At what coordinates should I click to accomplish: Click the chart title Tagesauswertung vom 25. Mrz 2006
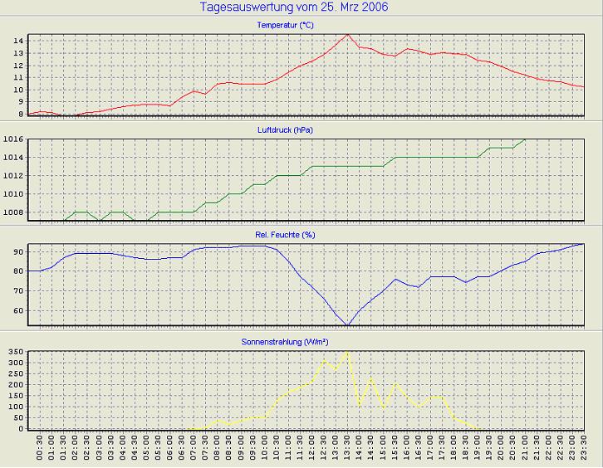pyautogui.click(x=294, y=7)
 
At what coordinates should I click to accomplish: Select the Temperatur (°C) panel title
pyautogui.click(x=286, y=26)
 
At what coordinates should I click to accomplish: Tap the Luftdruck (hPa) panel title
pyautogui.click(x=286, y=130)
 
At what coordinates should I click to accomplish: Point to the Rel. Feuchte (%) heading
pyautogui.click(x=286, y=235)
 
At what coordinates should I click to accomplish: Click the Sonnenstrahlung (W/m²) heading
pyautogui.click(x=286, y=341)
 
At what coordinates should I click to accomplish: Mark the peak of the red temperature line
pyautogui.click(x=347, y=35)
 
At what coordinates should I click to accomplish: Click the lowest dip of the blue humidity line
pyautogui.click(x=347, y=325)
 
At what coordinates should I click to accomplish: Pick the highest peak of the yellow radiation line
pyautogui.click(x=347, y=352)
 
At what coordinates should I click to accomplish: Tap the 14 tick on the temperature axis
pyautogui.click(x=17, y=41)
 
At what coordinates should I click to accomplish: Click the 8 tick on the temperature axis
pyautogui.click(x=20, y=115)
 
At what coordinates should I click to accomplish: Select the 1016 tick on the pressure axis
pyautogui.click(x=13, y=139)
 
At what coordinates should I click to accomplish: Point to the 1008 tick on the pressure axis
pyautogui.click(x=13, y=212)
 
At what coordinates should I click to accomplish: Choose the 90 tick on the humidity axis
pyautogui.click(x=17, y=251)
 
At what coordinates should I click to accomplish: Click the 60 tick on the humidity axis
pyautogui.click(x=17, y=311)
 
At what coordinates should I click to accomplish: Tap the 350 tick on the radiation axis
pyautogui.click(x=15, y=353)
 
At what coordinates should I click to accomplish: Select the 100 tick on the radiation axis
pyautogui.click(x=15, y=407)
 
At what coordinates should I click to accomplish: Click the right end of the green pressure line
pyautogui.click(x=525, y=139)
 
